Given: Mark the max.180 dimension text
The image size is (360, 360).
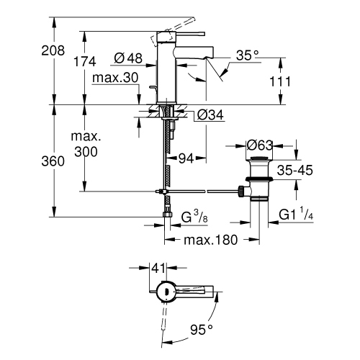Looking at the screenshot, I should pyautogui.click(x=210, y=240).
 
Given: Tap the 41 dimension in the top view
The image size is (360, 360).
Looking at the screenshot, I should pyautogui.click(x=159, y=268).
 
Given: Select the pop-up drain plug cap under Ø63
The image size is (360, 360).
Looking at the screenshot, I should pyautogui.click(x=259, y=160).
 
